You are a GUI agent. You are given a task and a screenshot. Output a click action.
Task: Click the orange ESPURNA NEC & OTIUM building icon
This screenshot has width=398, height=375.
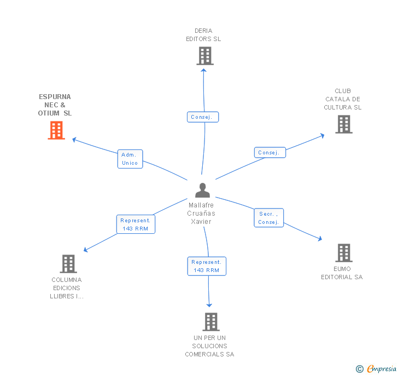click(x=56, y=130)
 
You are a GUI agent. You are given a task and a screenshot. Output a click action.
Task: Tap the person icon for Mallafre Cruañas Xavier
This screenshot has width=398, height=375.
click(x=202, y=191)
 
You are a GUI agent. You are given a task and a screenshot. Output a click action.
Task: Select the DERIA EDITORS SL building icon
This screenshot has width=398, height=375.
click(x=204, y=56)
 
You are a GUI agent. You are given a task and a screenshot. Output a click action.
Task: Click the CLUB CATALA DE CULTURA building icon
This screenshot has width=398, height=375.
click(x=343, y=124)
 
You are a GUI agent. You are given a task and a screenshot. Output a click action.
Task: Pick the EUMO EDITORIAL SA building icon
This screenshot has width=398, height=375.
click(x=343, y=253)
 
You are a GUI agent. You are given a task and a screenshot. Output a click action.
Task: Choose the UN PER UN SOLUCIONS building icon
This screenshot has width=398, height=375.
click(x=211, y=322)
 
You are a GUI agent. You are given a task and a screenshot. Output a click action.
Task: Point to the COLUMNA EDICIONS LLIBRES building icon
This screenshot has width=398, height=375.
click(x=68, y=264)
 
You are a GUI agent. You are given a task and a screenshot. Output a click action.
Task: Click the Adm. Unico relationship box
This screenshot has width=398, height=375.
click(x=130, y=159)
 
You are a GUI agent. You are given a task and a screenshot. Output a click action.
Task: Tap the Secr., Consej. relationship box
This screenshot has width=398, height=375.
click(x=269, y=218)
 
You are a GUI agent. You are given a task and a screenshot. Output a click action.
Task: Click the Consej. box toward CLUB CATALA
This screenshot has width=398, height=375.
click(x=270, y=153)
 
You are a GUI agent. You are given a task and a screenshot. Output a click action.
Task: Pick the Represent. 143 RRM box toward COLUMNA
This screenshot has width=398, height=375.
click(x=136, y=224)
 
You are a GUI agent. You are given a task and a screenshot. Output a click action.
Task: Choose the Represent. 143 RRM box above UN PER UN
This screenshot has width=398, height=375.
click(x=206, y=266)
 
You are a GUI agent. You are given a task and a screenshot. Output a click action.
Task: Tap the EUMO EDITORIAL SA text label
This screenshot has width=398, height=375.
click(x=342, y=273)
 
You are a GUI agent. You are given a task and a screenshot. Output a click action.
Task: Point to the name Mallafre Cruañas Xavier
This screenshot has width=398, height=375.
click(x=201, y=213)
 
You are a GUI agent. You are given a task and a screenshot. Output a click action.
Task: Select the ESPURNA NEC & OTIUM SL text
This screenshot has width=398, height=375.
click(x=55, y=105)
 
